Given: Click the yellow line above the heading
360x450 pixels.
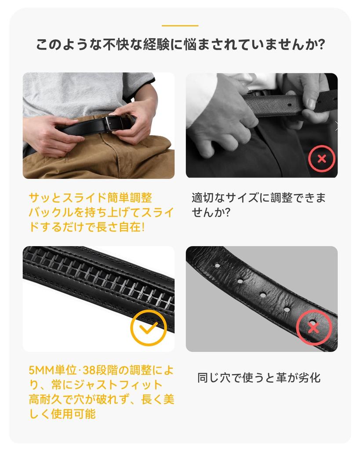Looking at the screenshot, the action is pyautogui.click(x=180, y=25).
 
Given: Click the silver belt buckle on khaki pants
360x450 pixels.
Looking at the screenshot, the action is pyautogui.click(x=113, y=123).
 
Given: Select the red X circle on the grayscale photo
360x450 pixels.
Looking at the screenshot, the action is pyautogui.click(x=321, y=158).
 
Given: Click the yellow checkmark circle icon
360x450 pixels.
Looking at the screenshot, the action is pyautogui.click(x=149, y=327).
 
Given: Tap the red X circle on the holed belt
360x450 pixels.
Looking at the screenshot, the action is pyautogui.click(x=314, y=327).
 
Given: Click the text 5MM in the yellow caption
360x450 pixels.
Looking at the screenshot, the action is pyautogui.click(x=42, y=370).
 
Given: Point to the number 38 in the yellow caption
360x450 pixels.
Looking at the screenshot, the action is pyautogui.click(x=89, y=370).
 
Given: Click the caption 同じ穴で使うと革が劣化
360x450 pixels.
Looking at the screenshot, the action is pyautogui.click(x=258, y=377).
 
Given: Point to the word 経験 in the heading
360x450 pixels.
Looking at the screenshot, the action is pyautogui.click(x=157, y=44).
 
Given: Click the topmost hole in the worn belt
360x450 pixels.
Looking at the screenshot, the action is pyautogui.click(x=217, y=265).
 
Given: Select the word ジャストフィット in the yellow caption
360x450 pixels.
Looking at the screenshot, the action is pyautogui.click(x=118, y=385).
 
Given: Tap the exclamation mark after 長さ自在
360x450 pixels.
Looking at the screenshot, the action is pyautogui.click(x=143, y=227).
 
